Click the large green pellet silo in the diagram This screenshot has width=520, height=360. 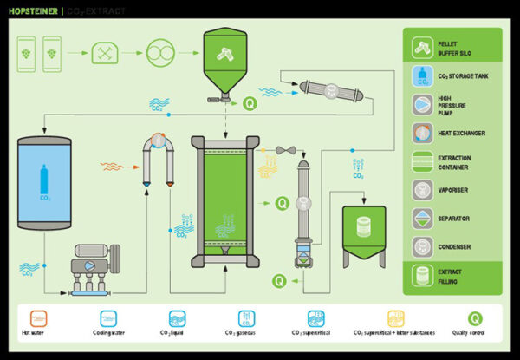(x=224, y=57)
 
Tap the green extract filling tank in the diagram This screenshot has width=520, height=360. (x=363, y=233)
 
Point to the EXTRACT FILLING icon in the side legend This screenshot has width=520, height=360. (x=423, y=274)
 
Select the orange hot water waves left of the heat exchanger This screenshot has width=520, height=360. (x=114, y=164)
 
